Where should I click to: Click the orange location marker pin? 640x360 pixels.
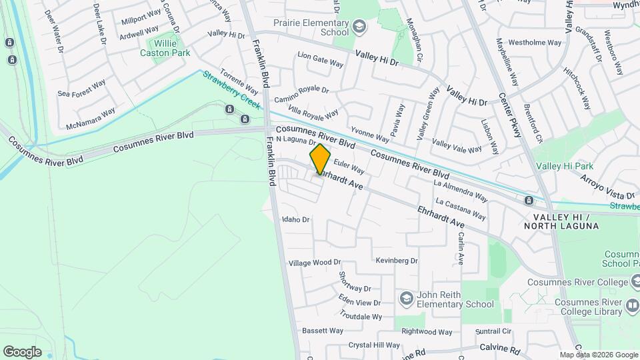click(x=320, y=159)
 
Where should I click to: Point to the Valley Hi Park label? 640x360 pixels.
click(x=565, y=165)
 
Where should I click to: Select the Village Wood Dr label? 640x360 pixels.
click(x=315, y=263)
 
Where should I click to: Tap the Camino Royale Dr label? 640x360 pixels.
click(x=302, y=94)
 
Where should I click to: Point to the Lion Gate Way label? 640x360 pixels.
click(x=320, y=58)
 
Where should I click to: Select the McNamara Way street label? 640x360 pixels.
click(x=91, y=119)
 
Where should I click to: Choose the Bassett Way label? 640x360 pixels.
click(x=323, y=331)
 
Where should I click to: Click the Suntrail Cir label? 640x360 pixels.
click(x=493, y=331)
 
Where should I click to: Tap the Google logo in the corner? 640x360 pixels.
click(x=22, y=352)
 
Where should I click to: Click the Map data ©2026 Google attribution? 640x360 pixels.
click(x=598, y=355)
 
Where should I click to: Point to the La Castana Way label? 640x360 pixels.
click(x=460, y=208)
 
